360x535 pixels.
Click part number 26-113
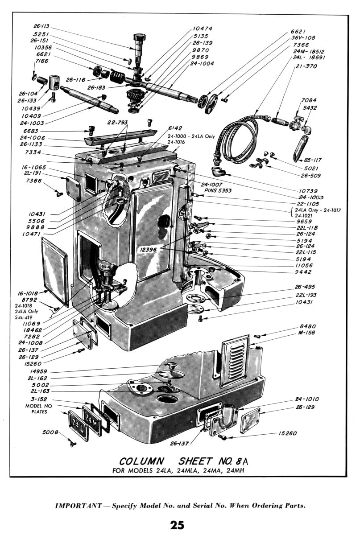[x=41, y=26]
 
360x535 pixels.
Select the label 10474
[x=203, y=29]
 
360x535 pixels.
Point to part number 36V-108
[x=303, y=38]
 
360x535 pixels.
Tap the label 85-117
[x=313, y=160]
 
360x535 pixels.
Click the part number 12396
[x=148, y=250]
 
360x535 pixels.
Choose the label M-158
[x=306, y=333]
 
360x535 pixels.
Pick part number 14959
[x=38, y=371]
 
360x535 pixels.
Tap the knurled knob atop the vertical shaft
[x=138, y=38]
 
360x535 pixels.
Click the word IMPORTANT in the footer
[x=79, y=506]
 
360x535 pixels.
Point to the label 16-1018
[x=28, y=293]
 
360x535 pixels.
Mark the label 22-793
[x=117, y=122]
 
